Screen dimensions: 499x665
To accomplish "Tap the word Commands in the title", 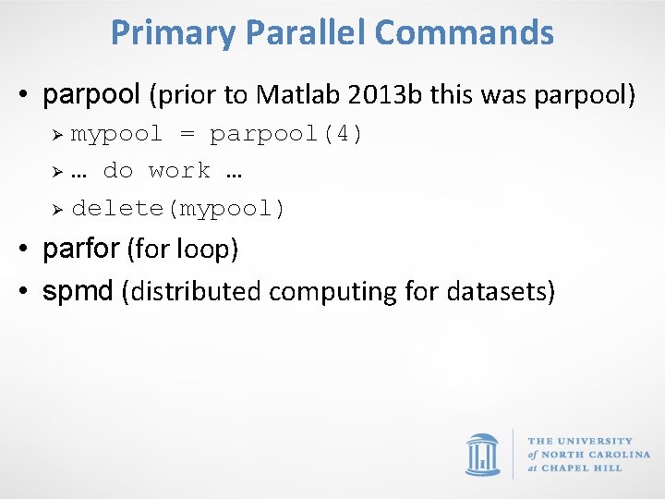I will (465, 33).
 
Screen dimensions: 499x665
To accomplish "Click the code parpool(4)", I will (286, 134).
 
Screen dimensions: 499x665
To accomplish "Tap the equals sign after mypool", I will (187, 134).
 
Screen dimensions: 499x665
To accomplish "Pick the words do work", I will (156, 171).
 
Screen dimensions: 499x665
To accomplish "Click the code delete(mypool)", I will (178, 209).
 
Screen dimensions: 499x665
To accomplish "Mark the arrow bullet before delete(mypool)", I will (55, 209).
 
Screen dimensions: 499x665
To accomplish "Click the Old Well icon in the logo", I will (483, 454).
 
